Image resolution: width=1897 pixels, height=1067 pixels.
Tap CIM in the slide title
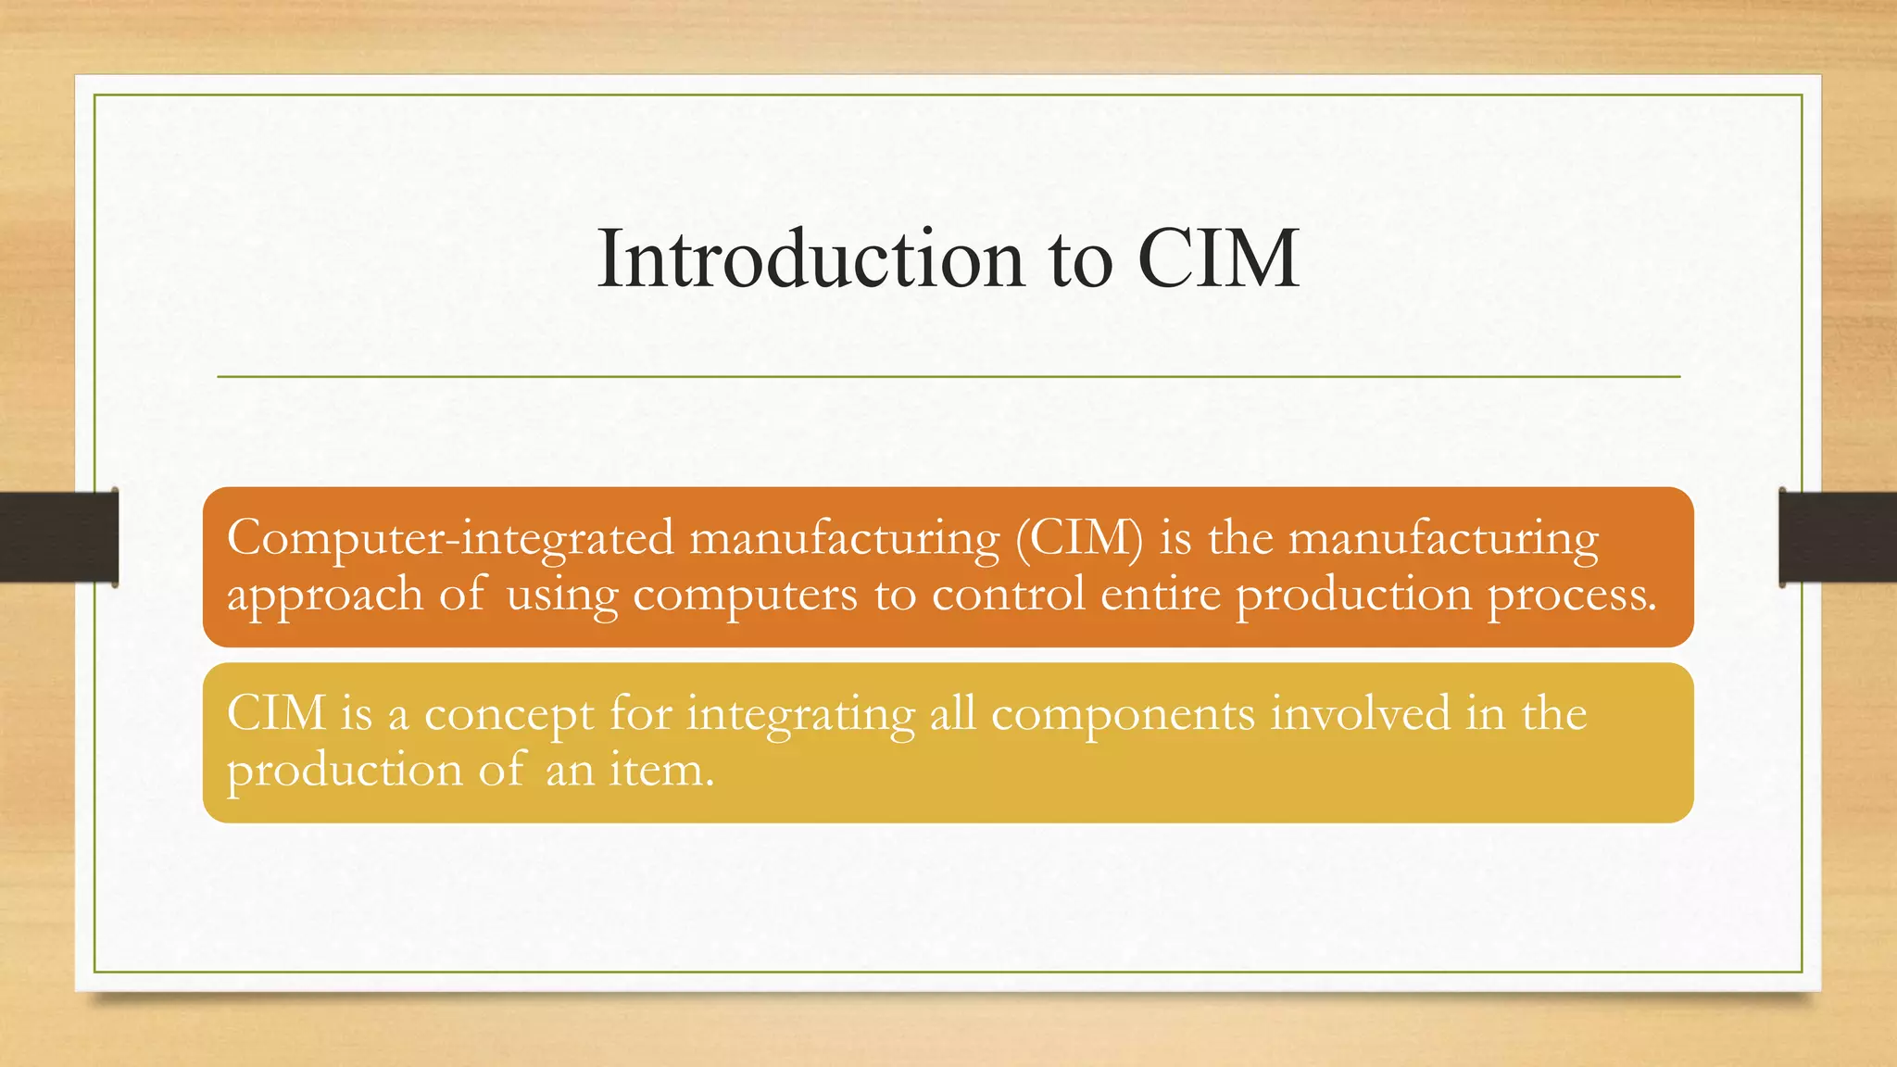point(1218,259)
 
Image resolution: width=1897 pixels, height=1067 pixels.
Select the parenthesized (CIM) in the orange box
point(1079,538)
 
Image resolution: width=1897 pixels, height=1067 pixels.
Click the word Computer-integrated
point(450,538)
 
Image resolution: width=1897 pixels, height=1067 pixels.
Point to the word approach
point(325,595)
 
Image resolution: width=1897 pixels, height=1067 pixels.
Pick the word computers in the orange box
point(746,595)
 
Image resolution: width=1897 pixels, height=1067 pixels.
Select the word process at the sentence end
point(1571,595)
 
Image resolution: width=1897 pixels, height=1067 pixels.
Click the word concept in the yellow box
point(509,715)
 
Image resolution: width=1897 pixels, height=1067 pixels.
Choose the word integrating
point(800,715)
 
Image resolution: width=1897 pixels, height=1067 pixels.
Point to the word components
point(1123,715)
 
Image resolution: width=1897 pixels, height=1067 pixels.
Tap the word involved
point(1360,713)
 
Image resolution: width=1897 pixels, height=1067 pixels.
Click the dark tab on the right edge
point(1838,537)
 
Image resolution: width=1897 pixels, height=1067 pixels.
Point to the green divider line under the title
point(948,377)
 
